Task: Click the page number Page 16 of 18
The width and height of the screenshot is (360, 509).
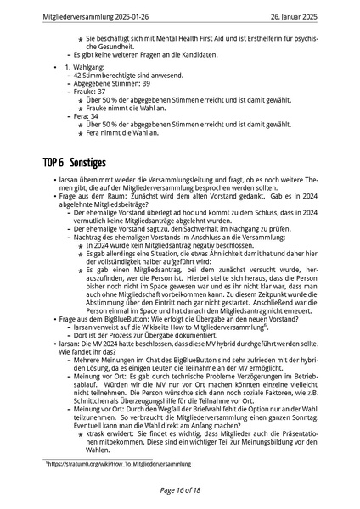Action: pos(179,489)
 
